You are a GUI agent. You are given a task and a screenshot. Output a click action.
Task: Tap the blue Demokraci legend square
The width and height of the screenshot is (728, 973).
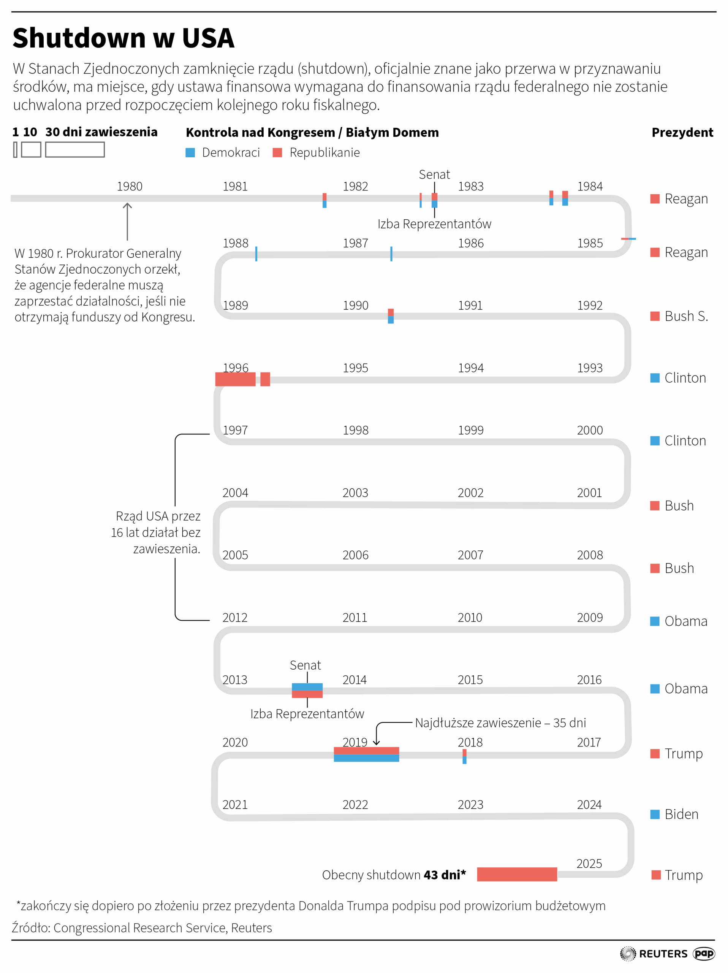(x=190, y=153)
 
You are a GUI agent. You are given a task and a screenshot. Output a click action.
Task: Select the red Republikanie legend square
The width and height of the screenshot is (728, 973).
(x=277, y=153)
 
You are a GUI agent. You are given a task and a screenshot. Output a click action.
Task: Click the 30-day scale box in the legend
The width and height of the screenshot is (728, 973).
(x=75, y=149)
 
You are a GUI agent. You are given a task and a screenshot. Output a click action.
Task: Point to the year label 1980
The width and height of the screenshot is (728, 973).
(x=129, y=187)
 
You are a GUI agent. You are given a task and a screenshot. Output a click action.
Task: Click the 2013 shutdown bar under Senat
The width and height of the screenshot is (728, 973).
(x=307, y=690)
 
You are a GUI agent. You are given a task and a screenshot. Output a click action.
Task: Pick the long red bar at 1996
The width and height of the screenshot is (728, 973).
(x=235, y=379)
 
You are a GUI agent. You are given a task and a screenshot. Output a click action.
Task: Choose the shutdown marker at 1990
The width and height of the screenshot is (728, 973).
(x=390, y=316)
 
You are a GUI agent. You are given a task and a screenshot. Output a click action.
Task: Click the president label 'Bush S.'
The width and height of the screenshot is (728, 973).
(x=686, y=316)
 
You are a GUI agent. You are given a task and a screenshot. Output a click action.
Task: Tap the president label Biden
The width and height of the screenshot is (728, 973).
(x=681, y=814)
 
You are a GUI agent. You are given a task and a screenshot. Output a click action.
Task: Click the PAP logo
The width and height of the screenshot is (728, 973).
(x=703, y=953)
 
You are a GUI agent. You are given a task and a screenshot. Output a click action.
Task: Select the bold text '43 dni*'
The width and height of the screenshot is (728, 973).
(x=445, y=875)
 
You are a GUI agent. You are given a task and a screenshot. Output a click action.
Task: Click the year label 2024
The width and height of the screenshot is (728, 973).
(x=589, y=805)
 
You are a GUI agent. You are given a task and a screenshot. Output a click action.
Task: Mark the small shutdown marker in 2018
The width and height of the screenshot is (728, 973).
(x=464, y=757)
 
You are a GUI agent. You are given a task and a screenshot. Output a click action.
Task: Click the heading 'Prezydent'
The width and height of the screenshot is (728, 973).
(x=682, y=132)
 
